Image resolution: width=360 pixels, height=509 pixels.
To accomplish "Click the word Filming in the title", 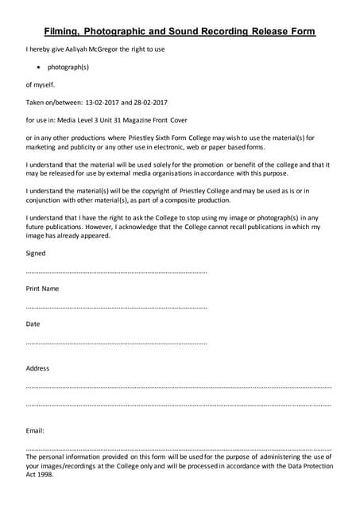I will (65, 32).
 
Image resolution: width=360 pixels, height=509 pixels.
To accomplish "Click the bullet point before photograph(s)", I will (38, 68).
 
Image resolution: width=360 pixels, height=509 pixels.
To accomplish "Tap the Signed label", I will (36, 254).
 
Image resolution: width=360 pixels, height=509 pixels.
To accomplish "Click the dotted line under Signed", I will (116, 272).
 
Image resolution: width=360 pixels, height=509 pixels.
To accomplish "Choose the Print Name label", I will (42, 288).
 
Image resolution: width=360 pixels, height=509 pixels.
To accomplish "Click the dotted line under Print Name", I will (116, 307).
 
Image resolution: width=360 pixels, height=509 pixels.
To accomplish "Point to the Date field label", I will (33, 324).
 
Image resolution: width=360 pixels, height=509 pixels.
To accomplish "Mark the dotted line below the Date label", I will (116, 343).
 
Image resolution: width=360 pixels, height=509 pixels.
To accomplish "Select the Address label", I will (37, 368).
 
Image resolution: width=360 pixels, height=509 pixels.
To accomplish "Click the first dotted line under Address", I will (178, 387).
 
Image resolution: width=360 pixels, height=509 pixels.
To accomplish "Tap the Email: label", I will (35, 430).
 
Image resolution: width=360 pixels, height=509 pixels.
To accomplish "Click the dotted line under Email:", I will (178, 449).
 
